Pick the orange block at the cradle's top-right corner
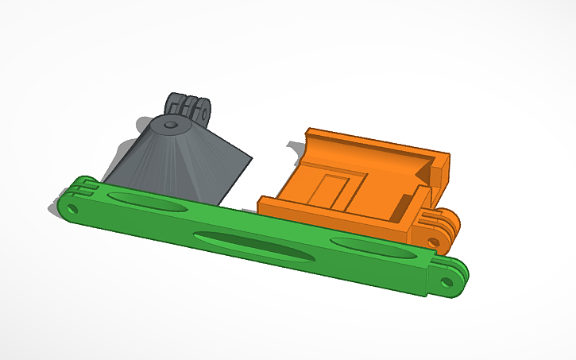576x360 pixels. tap(438, 171)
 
